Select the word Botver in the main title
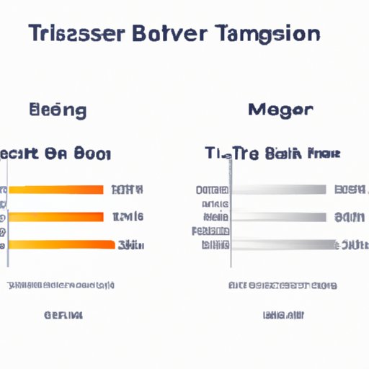(x=171, y=34)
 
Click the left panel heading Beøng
(x=58, y=111)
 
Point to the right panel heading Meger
(x=280, y=111)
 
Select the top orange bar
(x=56, y=190)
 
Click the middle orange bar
(x=56, y=216)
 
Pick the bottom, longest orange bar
(x=61, y=244)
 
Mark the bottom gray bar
(x=283, y=244)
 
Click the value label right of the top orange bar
(x=128, y=190)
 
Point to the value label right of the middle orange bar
(x=128, y=216)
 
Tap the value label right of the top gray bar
(x=350, y=190)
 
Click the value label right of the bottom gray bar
(x=352, y=245)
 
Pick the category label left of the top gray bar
(x=212, y=190)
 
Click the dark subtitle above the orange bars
(x=55, y=154)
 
